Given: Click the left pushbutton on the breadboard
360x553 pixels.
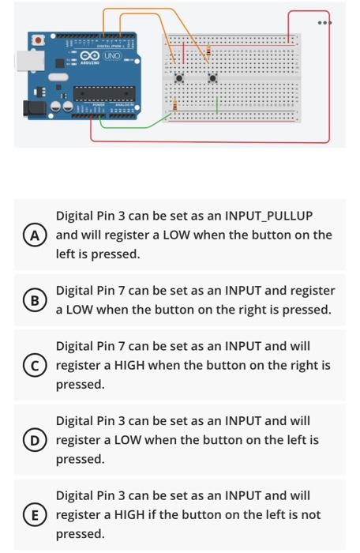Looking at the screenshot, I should point(180,77).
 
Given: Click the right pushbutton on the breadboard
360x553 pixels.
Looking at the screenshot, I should point(212,77).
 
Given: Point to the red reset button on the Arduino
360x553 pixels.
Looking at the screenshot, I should point(37,39).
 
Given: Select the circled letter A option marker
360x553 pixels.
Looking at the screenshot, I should point(33,235).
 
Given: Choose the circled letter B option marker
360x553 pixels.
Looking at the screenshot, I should point(33,300).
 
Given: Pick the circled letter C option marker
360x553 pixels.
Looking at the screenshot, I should point(33,365).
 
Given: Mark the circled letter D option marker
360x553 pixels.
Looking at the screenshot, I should point(33,440).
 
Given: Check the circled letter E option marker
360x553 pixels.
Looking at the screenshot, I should point(33,515).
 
